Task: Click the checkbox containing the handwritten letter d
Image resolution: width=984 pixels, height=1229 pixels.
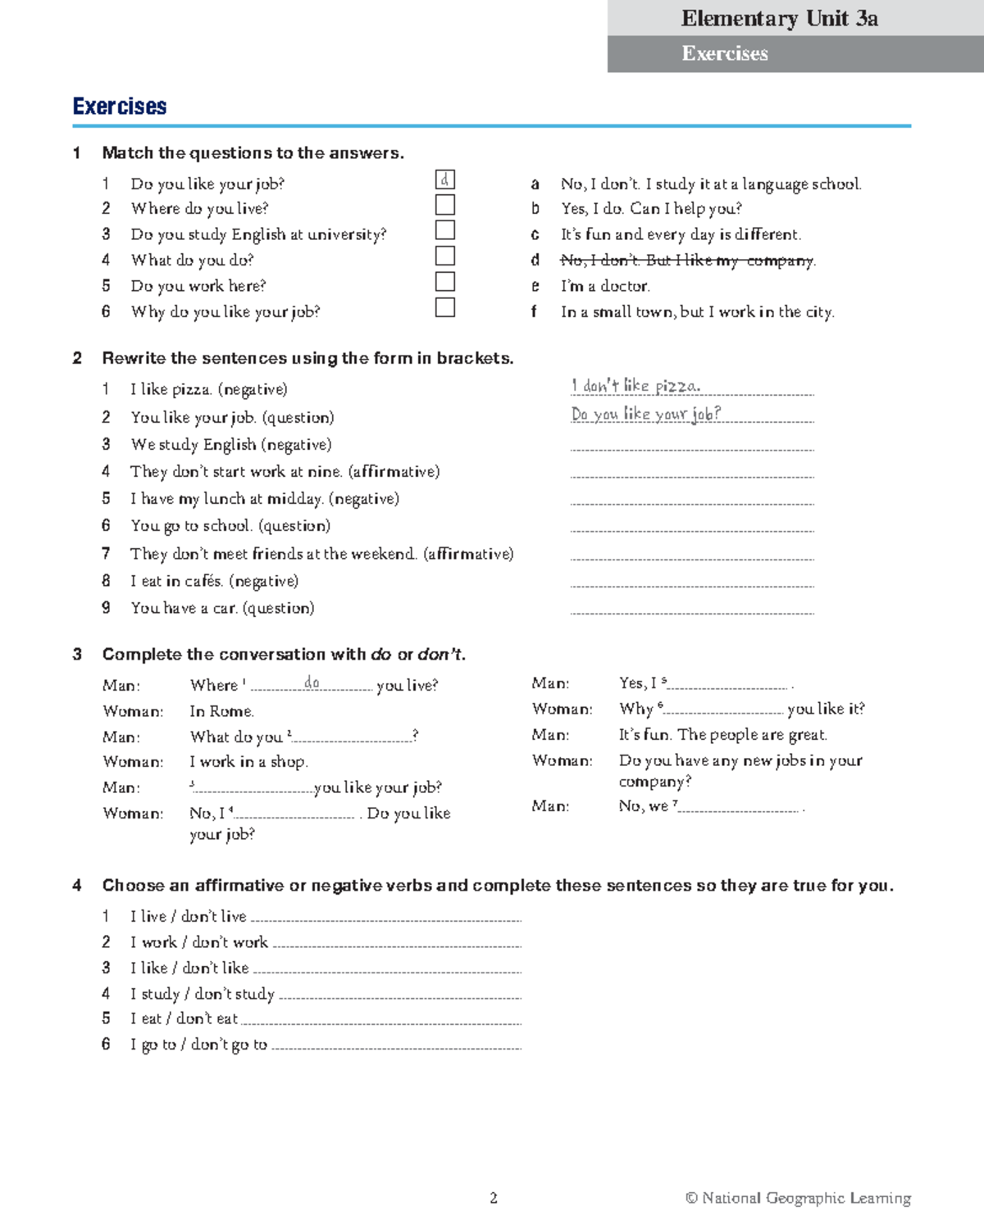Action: click(444, 180)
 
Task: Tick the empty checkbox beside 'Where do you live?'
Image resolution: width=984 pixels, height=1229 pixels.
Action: click(444, 205)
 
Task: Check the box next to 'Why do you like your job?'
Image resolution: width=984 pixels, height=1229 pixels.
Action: click(444, 307)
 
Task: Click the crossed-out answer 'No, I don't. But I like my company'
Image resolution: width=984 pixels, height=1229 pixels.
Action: click(687, 261)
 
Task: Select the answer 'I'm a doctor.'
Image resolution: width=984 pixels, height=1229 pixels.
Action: click(605, 286)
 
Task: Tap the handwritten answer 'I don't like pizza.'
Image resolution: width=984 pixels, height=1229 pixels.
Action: click(635, 385)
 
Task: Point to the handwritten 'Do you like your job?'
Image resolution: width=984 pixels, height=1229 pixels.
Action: click(646, 414)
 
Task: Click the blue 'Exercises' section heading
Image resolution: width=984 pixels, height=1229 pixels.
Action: click(120, 107)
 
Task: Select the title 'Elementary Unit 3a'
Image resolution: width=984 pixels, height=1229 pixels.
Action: click(779, 18)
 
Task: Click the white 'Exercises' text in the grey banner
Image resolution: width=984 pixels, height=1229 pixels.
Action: click(725, 54)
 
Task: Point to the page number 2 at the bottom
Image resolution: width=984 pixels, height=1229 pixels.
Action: click(494, 1198)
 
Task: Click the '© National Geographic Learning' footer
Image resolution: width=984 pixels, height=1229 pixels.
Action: click(798, 1198)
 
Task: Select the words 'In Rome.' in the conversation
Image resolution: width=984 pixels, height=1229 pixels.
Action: click(221, 711)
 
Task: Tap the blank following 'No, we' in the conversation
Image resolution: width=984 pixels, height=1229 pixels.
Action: click(738, 809)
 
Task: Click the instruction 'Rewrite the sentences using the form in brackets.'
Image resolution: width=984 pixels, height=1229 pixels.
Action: click(307, 358)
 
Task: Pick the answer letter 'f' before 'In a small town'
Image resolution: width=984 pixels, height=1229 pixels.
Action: click(534, 311)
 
